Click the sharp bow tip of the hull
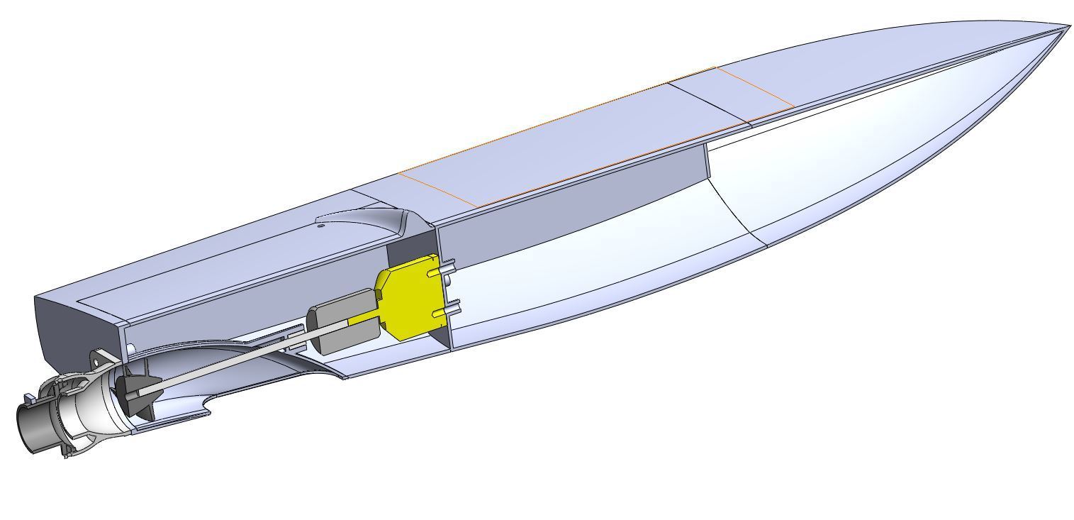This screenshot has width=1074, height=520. pyautogui.click(x=1067, y=28)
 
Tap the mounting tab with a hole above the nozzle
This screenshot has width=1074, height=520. pyautogui.click(x=100, y=360)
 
